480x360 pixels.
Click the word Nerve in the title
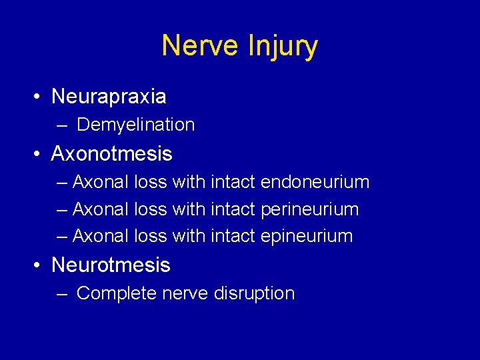point(201,46)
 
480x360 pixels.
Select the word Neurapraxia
point(109,97)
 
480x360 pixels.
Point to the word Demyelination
point(136,125)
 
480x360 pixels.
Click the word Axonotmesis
point(111,154)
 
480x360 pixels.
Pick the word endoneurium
point(315,182)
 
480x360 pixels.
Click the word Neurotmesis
point(111,265)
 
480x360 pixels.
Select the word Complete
point(117,293)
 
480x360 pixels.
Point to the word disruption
point(254,293)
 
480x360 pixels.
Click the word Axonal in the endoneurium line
point(100,182)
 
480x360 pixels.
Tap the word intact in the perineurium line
point(233,209)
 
